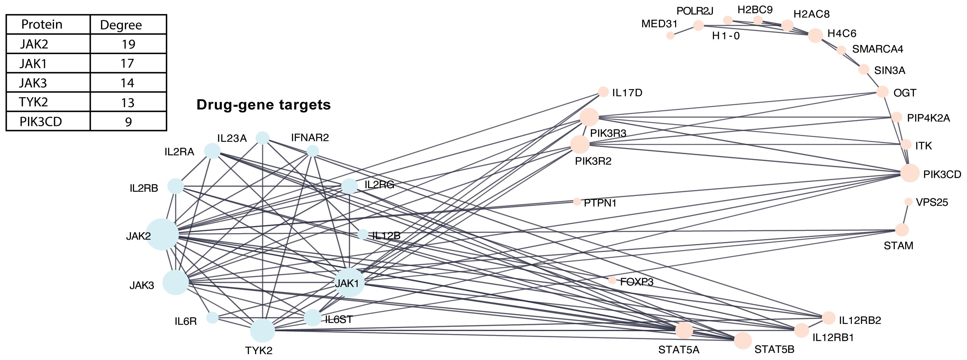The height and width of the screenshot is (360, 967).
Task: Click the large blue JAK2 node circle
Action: pyautogui.click(x=162, y=234)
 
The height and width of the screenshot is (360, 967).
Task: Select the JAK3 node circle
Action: pyautogui.click(x=175, y=282)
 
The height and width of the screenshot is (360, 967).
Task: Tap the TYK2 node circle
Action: pyautogui.click(x=262, y=330)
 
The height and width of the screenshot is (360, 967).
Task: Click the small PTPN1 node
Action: pyautogui.click(x=577, y=202)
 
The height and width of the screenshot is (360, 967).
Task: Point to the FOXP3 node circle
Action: pyautogui.click(x=612, y=280)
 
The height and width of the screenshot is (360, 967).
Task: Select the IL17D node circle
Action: pyautogui.click(x=603, y=92)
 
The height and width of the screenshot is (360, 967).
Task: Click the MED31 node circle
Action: pyautogui.click(x=670, y=36)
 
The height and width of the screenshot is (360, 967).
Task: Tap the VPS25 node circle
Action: pyautogui.click(x=908, y=202)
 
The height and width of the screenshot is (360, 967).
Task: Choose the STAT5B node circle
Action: pyautogui.click(x=742, y=340)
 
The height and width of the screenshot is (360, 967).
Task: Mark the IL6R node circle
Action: pyautogui.click(x=212, y=318)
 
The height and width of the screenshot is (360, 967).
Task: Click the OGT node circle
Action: pyautogui.click(x=882, y=92)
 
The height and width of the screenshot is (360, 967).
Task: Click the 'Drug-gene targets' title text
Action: pyautogui.click(x=264, y=105)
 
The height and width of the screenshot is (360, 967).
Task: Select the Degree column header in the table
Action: pyautogui.click(x=121, y=25)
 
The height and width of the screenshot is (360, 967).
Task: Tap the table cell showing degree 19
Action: pyautogui.click(x=128, y=44)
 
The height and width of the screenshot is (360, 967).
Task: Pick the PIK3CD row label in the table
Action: pyautogui.click(x=41, y=122)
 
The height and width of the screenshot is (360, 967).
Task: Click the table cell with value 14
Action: pyautogui.click(x=127, y=83)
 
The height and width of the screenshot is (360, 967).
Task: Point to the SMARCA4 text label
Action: pyautogui.click(x=878, y=49)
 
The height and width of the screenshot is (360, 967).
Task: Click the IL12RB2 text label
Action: pyautogui.click(x=860, y=320)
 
